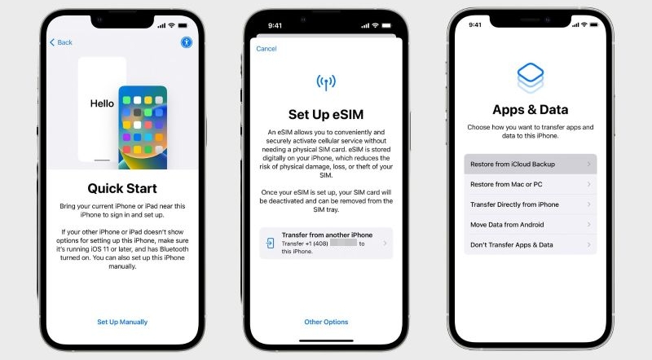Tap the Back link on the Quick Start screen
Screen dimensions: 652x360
point(60,42)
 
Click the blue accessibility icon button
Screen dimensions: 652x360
point(187,42)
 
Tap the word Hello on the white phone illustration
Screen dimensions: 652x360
point(102,103)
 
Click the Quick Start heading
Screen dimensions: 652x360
point(122,188)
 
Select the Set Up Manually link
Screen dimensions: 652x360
point(122,322)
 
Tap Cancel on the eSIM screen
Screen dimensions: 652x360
point(267,49)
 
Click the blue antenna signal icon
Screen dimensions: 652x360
point(326,82)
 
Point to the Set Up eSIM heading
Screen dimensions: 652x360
point(326,114)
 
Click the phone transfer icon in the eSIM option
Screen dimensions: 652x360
point(271,244)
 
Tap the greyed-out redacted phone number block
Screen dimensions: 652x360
point(343,243)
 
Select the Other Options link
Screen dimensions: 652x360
point(326,322)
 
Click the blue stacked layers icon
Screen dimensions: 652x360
point(531,77)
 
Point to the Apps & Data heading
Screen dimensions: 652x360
point(531,109)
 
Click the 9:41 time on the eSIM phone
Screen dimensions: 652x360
point(275,26)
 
